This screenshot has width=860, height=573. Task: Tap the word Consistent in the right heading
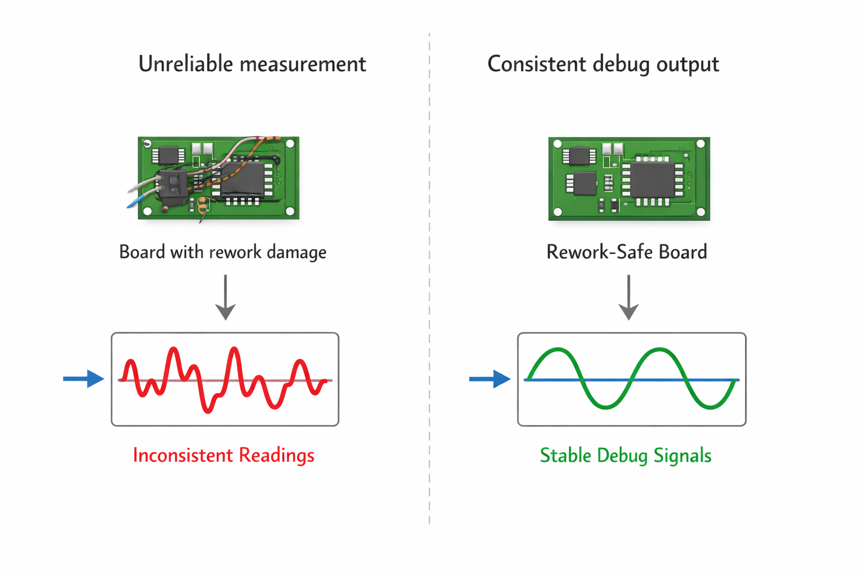536,64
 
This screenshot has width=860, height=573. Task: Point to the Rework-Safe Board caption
627,252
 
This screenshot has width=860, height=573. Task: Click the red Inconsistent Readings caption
223,455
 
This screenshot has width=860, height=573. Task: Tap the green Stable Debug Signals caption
625,455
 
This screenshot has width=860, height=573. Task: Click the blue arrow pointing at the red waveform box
83,379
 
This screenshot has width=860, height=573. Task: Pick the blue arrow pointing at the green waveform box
489,379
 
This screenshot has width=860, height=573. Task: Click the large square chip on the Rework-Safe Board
652,179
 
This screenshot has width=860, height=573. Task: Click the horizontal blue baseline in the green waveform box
632,380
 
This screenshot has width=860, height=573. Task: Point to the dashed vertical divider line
429,280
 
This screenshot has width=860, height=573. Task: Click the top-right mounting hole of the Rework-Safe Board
700,144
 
